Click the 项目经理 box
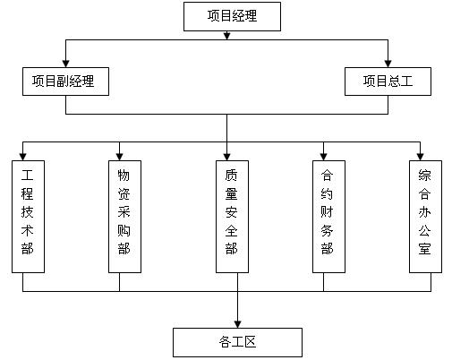(x=232, y=16)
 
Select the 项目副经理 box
(x=65, y=81)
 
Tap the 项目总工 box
(x=388, y=81)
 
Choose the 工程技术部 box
(x=28, y=217)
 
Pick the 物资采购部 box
(x=124, y=217)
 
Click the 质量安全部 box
(x=232, y=217)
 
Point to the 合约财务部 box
(x=328, y=217)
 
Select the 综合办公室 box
(x=425, y=217)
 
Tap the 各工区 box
(x=237, y=342)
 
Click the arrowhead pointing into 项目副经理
(x=65, y=64)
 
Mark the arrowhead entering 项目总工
(x=388, y=64)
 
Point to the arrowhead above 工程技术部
(x=22, y=157)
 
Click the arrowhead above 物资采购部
(x=119, y=157)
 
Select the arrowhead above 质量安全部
(x=226, y=157)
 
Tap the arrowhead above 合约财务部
(x=323, y=157)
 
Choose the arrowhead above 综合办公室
(x=420, y=157)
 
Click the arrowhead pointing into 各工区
(x=237, y=324)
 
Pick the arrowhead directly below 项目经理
(x=226, y=36)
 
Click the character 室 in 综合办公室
(x=424, y=248)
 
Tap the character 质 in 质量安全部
(x=231, y=176)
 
